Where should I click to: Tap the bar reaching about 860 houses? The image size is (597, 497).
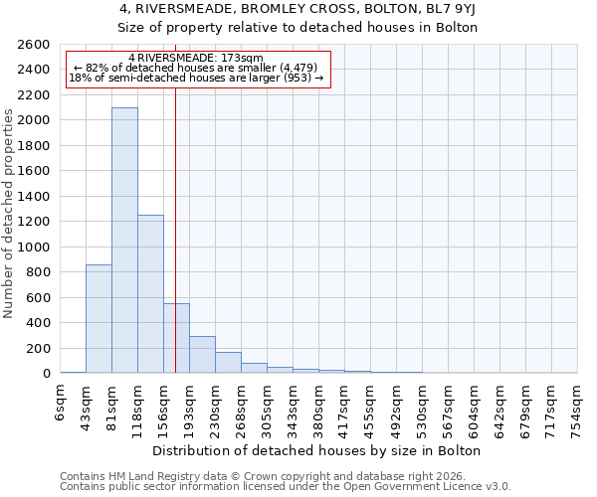tap(99, 318)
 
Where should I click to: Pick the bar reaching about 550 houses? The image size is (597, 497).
tap(176, 338)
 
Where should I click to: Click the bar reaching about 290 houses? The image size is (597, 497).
tap(202, 355)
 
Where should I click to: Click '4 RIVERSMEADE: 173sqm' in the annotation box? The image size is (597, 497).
tap(196, 59)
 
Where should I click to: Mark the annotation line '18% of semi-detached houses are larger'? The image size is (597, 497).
tap(196, 78)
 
